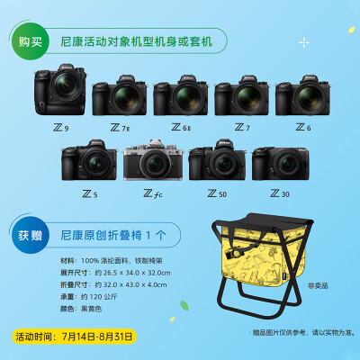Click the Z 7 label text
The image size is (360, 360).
(240, 128)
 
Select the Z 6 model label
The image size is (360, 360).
(302, 128)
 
